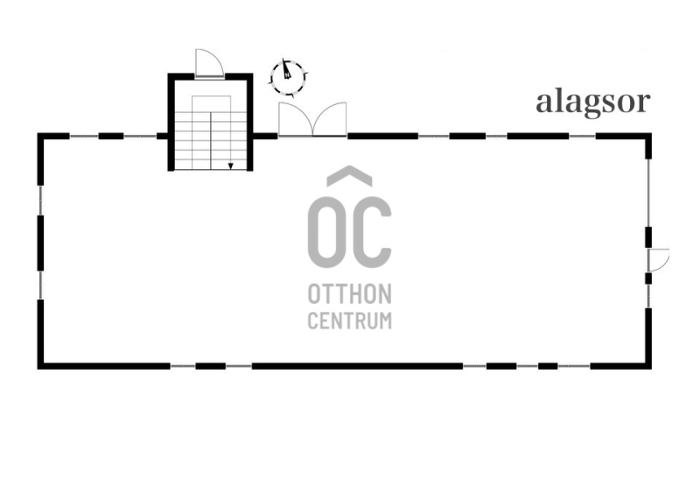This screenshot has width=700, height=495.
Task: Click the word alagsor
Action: click(593, 103)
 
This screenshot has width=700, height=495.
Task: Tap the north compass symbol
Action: click(288, 77)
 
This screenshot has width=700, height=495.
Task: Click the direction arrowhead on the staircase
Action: click(230, 166)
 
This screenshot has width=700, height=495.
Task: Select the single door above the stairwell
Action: click(209, 62)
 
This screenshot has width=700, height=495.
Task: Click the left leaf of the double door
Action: click(296, 118)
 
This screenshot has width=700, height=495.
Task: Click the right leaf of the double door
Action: click(330, 118)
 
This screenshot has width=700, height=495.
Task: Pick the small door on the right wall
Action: click(659, 259)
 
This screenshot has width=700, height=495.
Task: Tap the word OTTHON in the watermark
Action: click(349, 293)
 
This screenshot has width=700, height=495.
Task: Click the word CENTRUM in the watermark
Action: click(349, 321)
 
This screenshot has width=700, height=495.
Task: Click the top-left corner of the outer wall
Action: click(40, 136)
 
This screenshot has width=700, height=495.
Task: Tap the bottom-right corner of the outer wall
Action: click(648, 365)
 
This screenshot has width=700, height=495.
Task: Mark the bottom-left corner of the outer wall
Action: click(40, 365)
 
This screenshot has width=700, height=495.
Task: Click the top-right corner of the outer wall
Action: click(648, 136)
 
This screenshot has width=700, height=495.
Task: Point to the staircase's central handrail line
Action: click(211, 141)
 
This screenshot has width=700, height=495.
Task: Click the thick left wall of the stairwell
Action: click(171, 122)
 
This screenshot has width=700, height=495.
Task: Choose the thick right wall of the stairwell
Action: click(250, 122)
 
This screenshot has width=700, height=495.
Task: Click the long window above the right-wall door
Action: click(648, 193)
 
